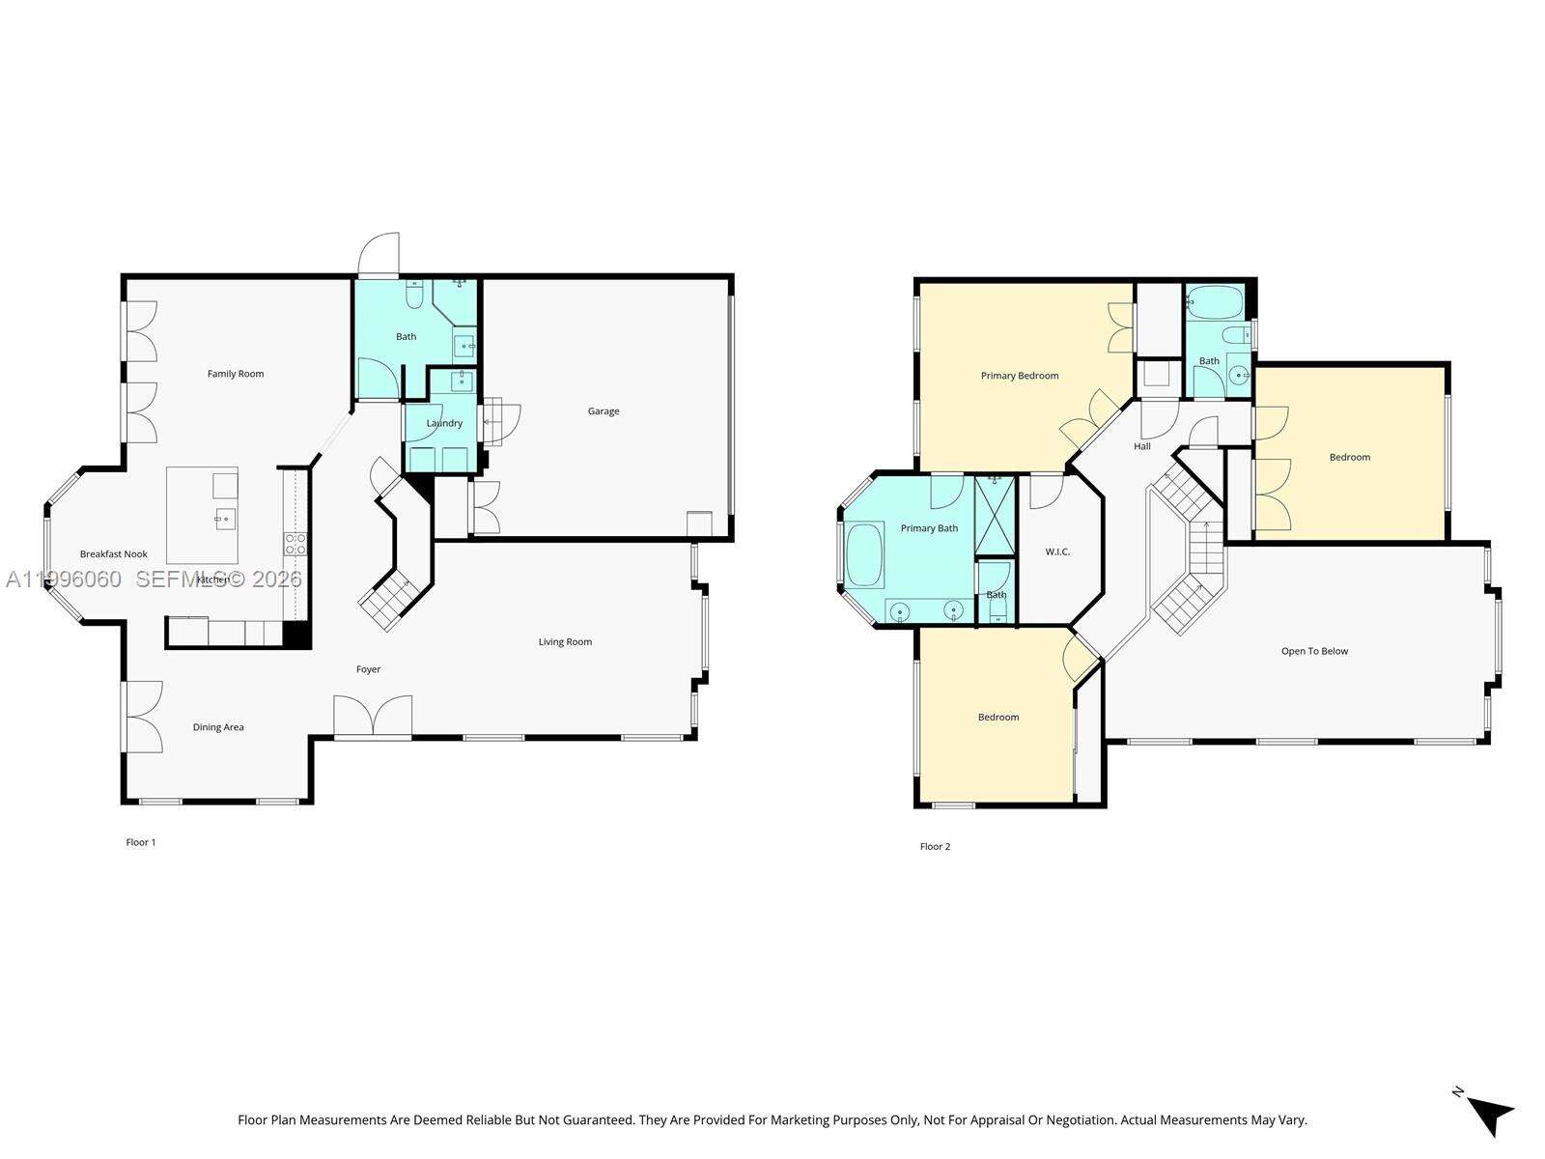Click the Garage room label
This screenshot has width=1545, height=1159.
(x=604, y=411)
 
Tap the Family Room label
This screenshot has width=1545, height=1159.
(x=236, y=374)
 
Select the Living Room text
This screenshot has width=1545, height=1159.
(x=565, y=642)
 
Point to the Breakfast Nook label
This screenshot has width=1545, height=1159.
(x=114, y=554)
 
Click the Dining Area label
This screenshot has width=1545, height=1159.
(x=218, y=727)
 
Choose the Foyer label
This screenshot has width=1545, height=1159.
(x=368, y=669)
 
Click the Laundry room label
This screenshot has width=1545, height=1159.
(x=444, y=423)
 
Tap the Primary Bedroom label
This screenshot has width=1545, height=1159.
(x=1020, y=376)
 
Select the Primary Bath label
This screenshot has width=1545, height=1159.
(x=929, y=528)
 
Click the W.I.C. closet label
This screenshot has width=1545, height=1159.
(x=1057, y=552)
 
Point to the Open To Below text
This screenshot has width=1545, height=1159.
(x=1314, y=651)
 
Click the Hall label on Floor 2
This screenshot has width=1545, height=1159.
(x=1142, y=446)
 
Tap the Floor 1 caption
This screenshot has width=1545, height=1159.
(x=141, y=842)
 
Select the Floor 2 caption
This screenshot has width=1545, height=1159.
(x=935, y=847)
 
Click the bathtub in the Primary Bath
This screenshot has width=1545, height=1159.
(x=865, y=554)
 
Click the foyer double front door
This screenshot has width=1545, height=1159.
(x=373, y=718)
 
